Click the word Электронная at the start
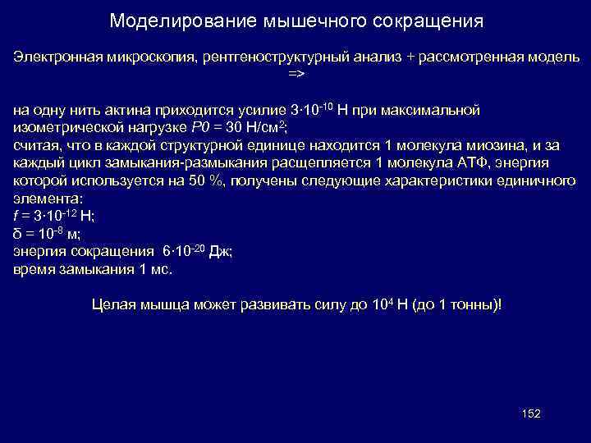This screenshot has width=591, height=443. tap(53, 57)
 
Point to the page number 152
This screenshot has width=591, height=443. tap(531, 413)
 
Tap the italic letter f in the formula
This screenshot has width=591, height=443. tap(16, 216)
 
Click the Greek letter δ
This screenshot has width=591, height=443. tap(18, 234)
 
